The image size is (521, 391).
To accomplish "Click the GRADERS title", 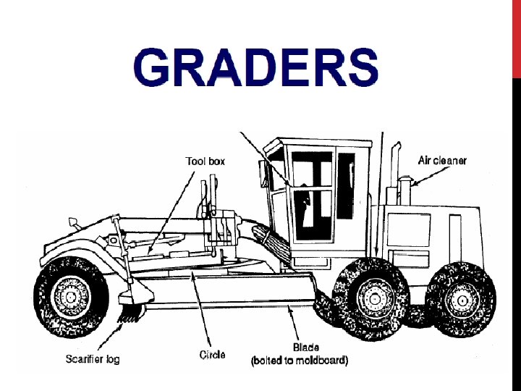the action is [x=255, y=67].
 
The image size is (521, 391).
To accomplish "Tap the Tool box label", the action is [x=206, y=161].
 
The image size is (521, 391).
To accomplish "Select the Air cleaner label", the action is [x=443, y=160].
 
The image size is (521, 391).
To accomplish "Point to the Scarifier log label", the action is [x=93, y=358].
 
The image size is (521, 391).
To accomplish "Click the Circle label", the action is [x=212, y=355].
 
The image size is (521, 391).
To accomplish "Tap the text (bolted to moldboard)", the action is [x=299, y=360].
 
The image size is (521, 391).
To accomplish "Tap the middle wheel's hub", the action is [x=373, y=296].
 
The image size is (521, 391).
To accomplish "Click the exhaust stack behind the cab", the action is [x=397, y=170].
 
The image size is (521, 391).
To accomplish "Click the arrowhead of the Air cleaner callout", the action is [x=407, y=183].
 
